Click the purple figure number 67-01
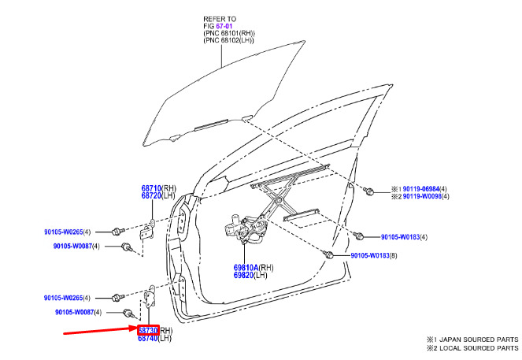[x=224, y=26]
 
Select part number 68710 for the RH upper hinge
[x=151, y=188]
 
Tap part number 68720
[x=151, y=196]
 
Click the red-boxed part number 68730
[x=148, y=330]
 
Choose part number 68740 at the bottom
[x=148, y=338]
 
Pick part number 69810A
[x=246, y=267]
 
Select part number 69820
[x=243, y=275]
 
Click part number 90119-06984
[x=421, y=189]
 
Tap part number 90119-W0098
[x=422, y=196]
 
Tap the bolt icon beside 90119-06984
[x=368, y=191]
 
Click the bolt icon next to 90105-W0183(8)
[x=328, y=254]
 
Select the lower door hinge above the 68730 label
[x=149, y=295]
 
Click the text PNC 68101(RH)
[x=229, y=33]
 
